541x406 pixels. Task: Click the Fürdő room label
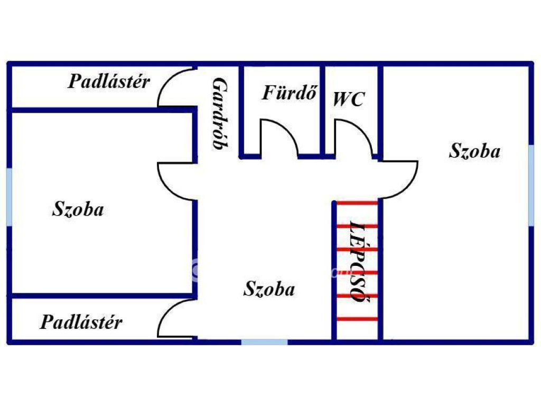tap(289, 92)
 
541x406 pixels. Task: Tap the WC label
tap(349, 99)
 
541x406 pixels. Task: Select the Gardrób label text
tap(220, 114)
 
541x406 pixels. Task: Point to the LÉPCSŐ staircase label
tap(358, 262)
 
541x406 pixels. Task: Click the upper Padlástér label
tap(109, 81)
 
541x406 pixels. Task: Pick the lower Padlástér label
tap(81, 322)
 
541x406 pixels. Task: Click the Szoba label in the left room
tap(78, 209)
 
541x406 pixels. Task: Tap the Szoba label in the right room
tap(474, 151)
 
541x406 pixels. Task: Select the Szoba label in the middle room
tap(269, 289)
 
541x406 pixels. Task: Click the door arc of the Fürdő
tap(288, 129)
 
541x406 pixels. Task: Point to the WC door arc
tap(362, 129)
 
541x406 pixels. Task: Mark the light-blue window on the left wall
tap(9, 197)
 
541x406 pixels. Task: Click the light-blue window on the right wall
tap(531, 186)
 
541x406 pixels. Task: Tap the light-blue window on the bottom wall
tap(264, 342)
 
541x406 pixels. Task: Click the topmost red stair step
tap(357, 203)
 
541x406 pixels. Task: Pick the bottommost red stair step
tap(357, 319)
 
